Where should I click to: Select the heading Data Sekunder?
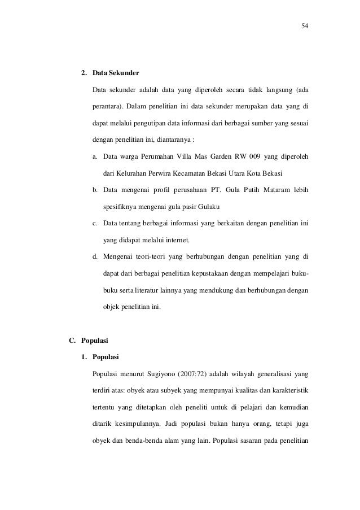tap(112, 74)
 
